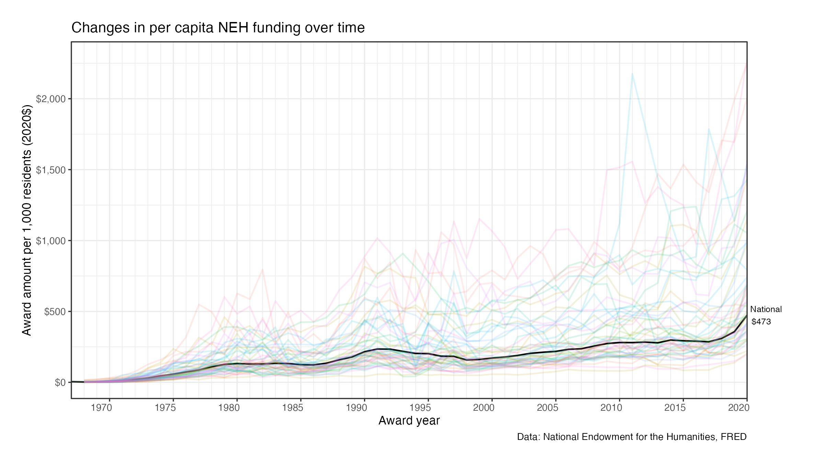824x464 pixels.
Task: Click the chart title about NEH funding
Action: (218, 28)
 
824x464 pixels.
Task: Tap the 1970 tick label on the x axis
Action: (101, 408)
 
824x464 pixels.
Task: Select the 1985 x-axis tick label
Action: (293, 408)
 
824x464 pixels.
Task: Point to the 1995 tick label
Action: (420, 408)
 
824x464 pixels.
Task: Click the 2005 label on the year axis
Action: (548, 408)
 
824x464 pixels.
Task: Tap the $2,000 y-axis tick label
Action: (51, 99)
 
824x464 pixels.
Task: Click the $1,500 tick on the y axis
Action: (51, 170)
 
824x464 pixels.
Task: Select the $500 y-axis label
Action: (55, 312)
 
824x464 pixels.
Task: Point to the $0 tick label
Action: (60, 383)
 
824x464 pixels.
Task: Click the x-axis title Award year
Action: (409, 421)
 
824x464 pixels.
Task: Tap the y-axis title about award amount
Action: (27, 220)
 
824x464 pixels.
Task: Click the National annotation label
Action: (766, 309)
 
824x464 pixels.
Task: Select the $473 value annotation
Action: (761, 322)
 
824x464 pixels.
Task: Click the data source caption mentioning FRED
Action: (632, 437)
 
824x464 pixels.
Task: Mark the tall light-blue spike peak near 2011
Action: (632, 74)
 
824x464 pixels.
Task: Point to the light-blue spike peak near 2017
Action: (709, 129)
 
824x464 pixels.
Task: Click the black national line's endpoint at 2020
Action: (747, 315)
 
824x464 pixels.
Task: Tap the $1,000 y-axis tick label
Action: (51, 241)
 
